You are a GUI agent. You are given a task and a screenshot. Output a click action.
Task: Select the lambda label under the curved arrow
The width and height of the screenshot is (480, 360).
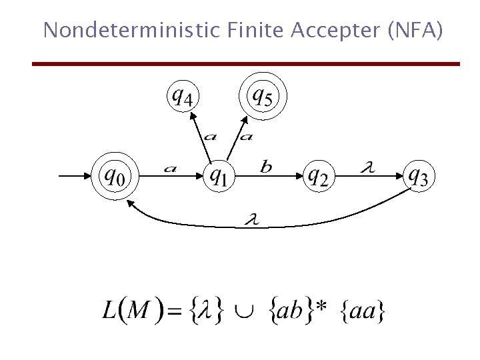(252, 219)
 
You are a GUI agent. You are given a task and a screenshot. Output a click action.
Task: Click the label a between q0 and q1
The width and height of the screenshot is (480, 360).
(170, 169)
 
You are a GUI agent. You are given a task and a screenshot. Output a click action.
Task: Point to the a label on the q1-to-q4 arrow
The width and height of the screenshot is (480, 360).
(211, 137)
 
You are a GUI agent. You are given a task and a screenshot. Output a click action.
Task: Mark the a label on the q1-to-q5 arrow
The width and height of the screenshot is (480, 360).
(245, 137)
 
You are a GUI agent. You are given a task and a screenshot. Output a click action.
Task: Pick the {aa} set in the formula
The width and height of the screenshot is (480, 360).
(361, 310)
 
